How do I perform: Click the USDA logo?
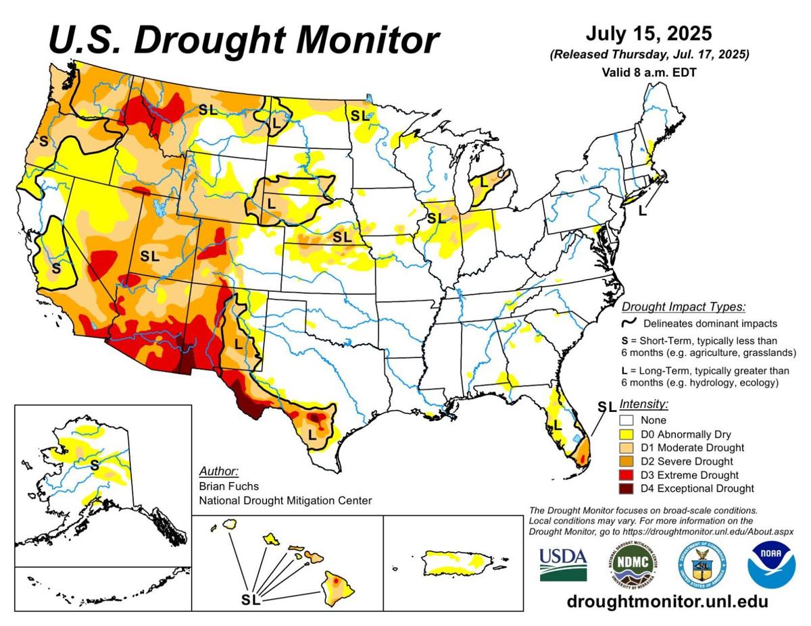(x=563, y=564)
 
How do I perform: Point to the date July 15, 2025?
(x=650, y=34)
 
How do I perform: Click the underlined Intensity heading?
(x=643, y=405)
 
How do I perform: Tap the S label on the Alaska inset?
(x=95, y=465)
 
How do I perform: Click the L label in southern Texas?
(x=312, y=434)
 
